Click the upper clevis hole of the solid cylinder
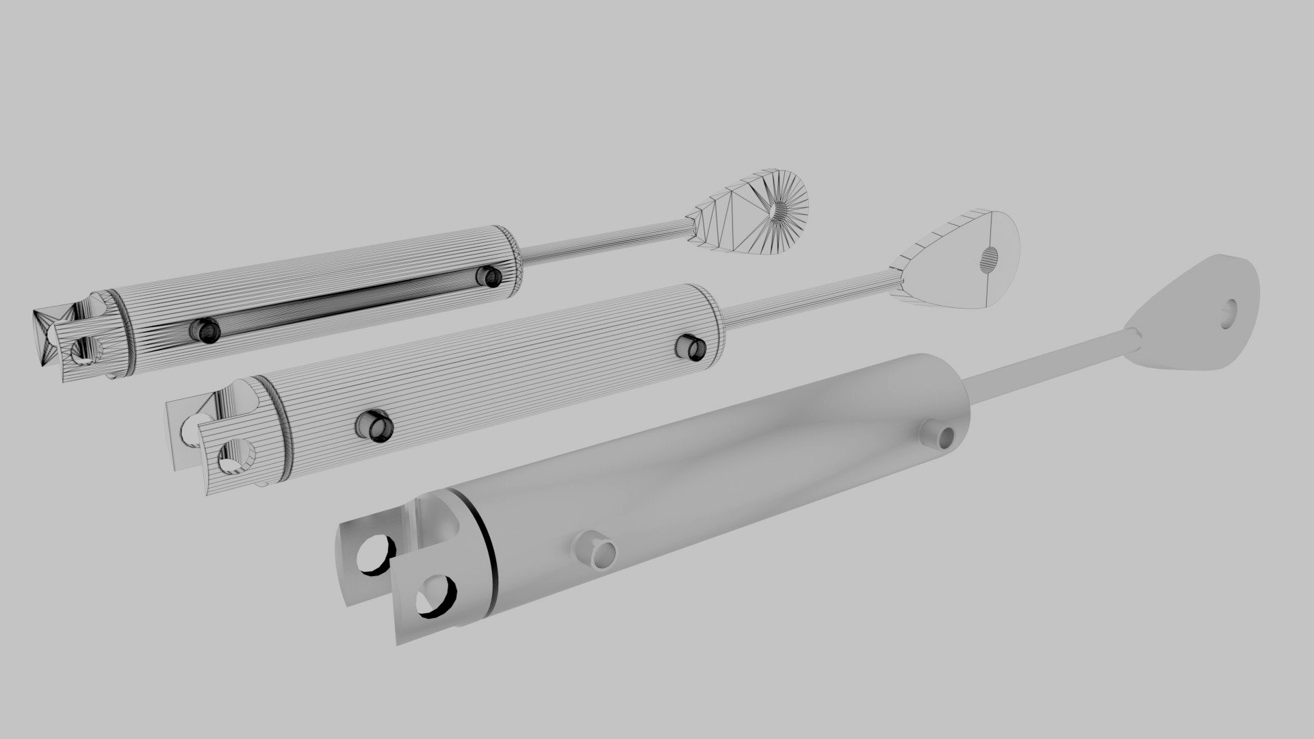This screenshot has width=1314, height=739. point(376,552)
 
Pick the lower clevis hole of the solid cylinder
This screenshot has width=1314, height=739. point(436,596)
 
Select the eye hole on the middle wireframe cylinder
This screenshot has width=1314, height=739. point(990,257)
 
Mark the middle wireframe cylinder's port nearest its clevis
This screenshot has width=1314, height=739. point(374,426)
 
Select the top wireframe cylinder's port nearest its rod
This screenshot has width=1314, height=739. point(489,276)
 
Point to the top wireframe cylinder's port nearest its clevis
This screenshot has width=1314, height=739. point(205,330)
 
